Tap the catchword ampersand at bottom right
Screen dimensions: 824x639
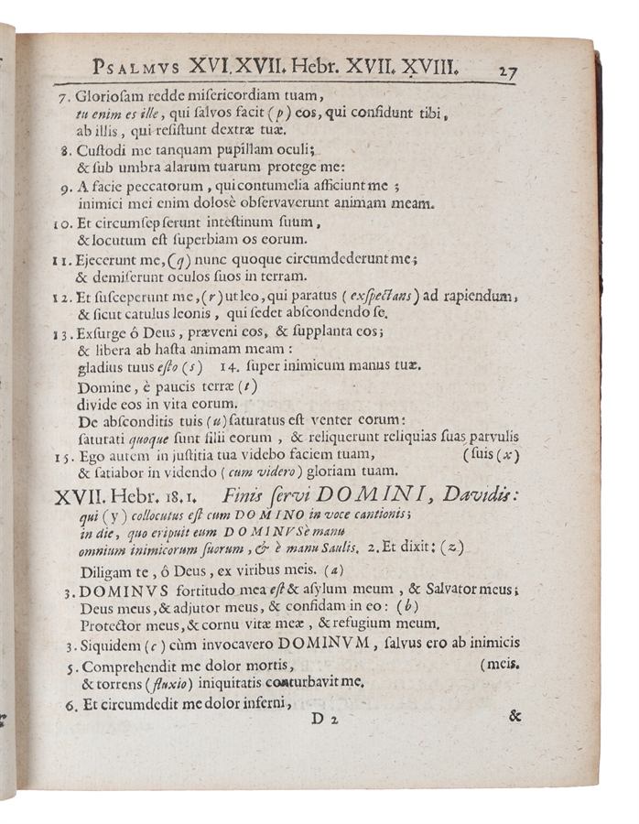coord(515,717)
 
